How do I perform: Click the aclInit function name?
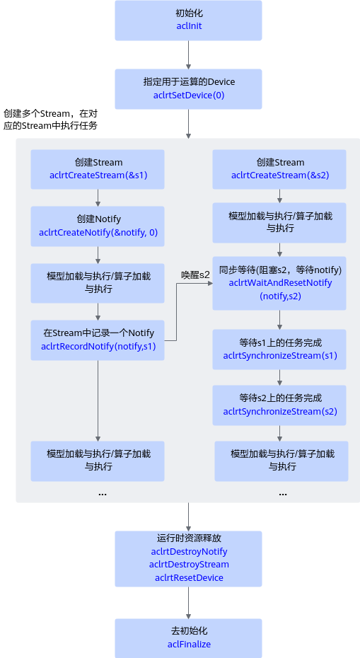[x=189, y=26]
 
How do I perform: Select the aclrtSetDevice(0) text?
[x=189, y=96]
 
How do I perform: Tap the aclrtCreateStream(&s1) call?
[x=98, y=175]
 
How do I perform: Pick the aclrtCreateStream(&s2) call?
[x=280, y=175]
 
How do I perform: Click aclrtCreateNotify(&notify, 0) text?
[x=98, y=232]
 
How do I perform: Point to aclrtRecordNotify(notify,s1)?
[x=98, y=346]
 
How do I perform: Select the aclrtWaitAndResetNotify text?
[x=280, y=282]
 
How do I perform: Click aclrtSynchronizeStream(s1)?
[x=280, y=355]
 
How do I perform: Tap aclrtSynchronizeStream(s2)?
[x=280, y=411]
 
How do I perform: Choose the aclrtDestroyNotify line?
[x=189, y=551]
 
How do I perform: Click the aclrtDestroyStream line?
[x=189, y=565]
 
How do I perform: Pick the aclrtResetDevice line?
[x=189, y=577]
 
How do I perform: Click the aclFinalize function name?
[x=189, y=644]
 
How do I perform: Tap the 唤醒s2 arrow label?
[x=195, y=275]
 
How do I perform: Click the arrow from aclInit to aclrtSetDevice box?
[x=188, y=55]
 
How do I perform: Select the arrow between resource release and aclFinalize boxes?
[x=188, y=603]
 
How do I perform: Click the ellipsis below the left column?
[x=103, y=495]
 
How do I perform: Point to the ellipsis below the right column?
[x=283, y=495]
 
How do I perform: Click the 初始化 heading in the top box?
[x=189, y=13]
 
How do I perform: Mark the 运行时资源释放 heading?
[x=189, y=538]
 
